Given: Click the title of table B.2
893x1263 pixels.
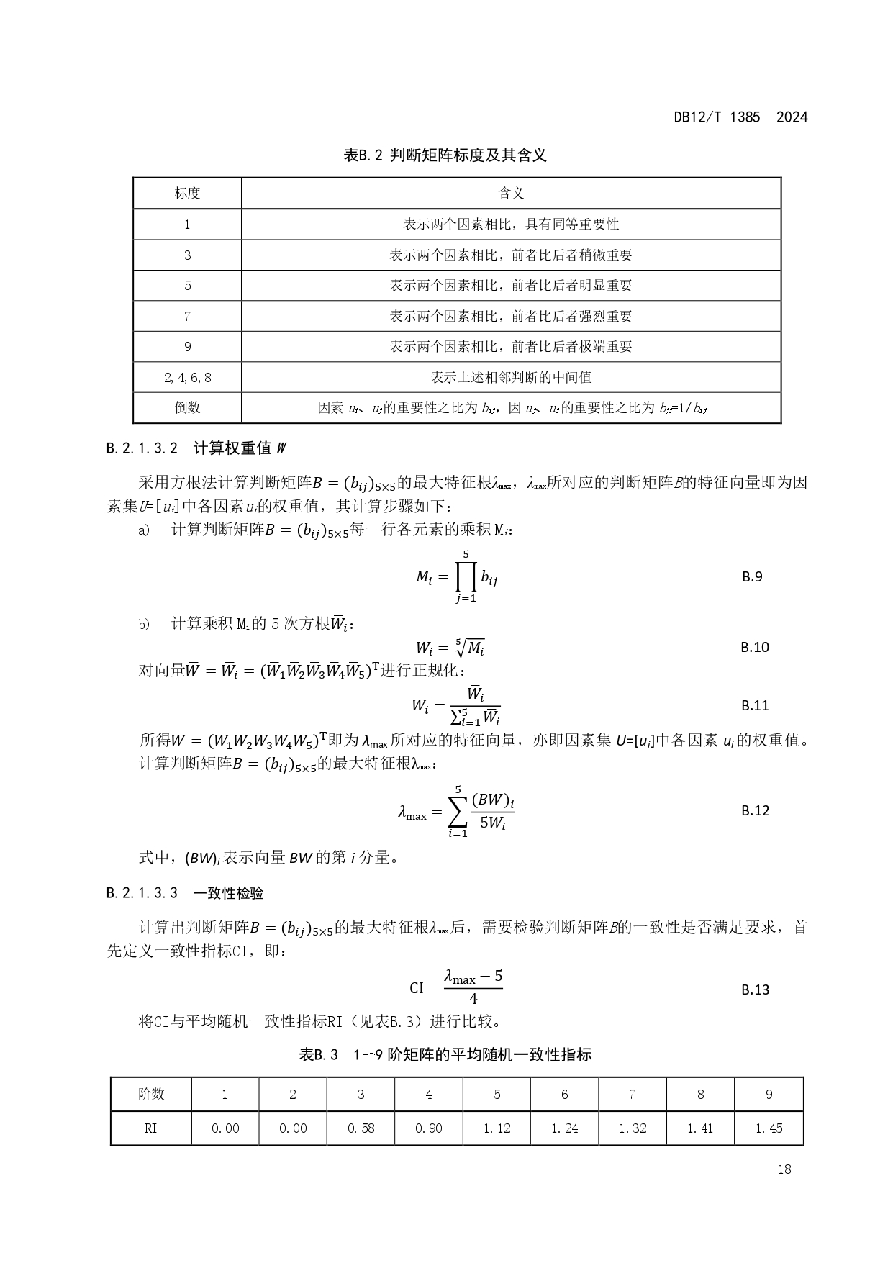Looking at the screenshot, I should pyautogui.click(x=445, y=155).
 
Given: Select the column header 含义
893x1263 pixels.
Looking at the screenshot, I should pyautogui.click(x=511, y=193).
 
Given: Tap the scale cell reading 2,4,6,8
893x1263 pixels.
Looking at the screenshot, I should pyautogui.click(x=187, y=377).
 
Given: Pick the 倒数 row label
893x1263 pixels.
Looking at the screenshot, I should pyautogui.click(x=187, y=407).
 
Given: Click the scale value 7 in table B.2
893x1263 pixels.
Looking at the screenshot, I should pyautogui.click(x=187, y=316).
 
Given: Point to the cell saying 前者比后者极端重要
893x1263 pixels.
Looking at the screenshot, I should pyautogui.click(x=511, y=346).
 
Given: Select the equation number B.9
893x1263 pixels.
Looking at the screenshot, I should pyautogui.click(x=752, y=576).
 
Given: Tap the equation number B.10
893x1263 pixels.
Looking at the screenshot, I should pyautogui.click(x=755, y=647).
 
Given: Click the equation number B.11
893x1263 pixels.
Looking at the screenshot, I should pyautogui.click(x=755, y=705).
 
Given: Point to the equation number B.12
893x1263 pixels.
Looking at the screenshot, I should pyautogui.click(x=755, y=810).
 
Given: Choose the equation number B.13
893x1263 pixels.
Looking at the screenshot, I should pyautogui.click(x=755, y=990).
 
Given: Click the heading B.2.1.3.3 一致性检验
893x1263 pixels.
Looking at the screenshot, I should pyautogui.click(x=185, y=893).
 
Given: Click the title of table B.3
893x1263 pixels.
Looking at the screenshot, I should pyautogui.click(x=445, y=1055).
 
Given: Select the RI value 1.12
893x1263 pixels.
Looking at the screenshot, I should pyautogui.click(x=497, y=1128).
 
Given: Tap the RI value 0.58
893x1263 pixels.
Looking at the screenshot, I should pyautogui.click(x=361, y=1128).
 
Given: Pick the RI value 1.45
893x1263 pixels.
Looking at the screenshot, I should pyautogui.click(x=769, y=1128).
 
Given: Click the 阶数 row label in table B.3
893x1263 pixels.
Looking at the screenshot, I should pyautogui.click(x=151, y=1095).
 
